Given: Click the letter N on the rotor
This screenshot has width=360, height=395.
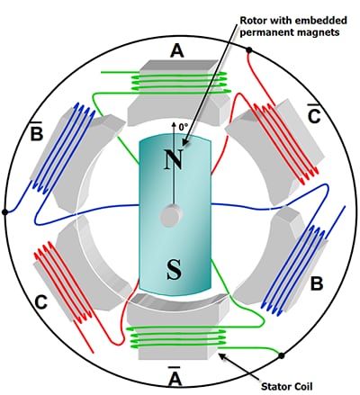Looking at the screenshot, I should pyautogui.click(x=174, y=160).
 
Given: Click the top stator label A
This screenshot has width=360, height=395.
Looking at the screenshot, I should pyautogui.click(x=176, y=52).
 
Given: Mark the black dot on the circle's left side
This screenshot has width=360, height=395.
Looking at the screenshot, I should pyautogui.click(x=6, y=212).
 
